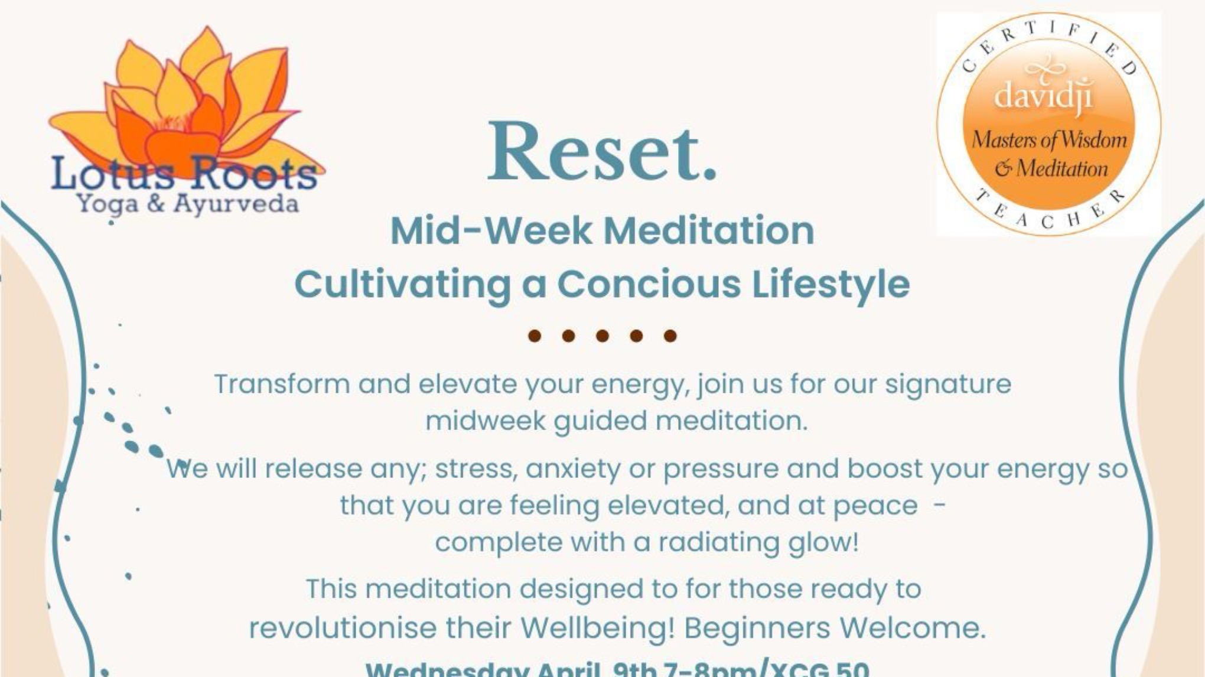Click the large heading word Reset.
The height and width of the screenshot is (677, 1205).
coord(601,153)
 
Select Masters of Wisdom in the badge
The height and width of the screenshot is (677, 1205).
coord(1049,140)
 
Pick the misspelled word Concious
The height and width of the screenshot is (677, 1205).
coord(648,284)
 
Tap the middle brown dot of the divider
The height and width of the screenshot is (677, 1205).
coord(602,336)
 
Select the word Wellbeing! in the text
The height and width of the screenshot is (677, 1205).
coord(597,627)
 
